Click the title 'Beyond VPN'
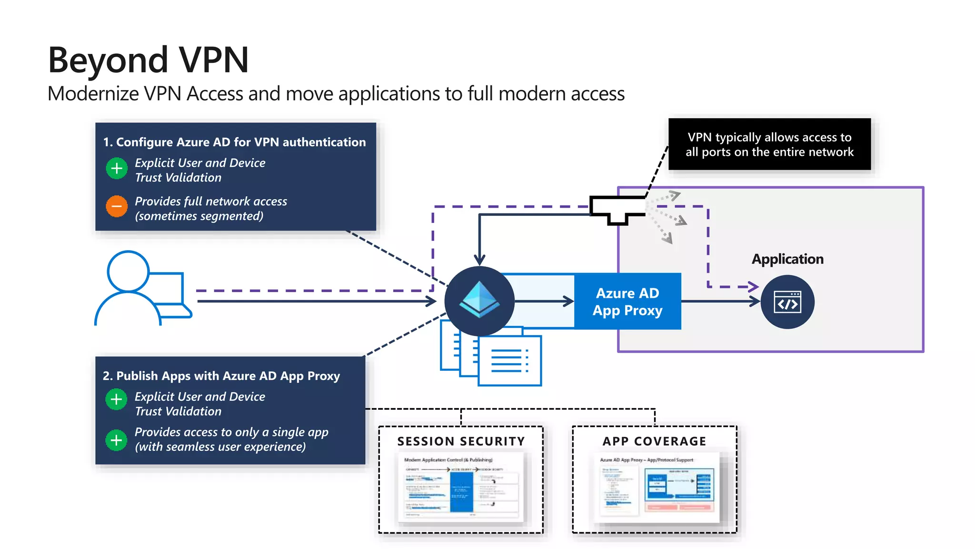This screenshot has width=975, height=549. click(148, 60)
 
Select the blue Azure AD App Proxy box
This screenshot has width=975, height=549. click(627, 301)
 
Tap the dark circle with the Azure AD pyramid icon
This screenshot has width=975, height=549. click(479, 301)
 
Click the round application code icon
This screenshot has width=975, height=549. click(787, 302)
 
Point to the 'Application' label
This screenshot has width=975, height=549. click(787, 259)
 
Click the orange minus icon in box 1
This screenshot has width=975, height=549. click(117, 206)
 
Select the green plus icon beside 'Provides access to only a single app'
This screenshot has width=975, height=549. click(117, 440)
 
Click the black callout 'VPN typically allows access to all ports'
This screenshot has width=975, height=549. click(769, 144)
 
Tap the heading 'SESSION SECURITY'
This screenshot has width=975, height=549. click(461, 441)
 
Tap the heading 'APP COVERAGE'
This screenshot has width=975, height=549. click(654, 441)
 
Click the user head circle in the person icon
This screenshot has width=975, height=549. click(128, 271)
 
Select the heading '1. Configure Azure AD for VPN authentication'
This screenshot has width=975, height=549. click(234, 142)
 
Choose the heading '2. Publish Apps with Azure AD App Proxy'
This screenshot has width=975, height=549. click(221, 376)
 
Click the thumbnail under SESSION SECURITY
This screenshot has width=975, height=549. click(461, 487)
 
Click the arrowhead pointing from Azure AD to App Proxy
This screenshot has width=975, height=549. click(568, 301)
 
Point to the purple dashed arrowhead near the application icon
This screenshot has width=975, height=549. click(753, 286)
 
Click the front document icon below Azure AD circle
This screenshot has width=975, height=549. click(509, 360)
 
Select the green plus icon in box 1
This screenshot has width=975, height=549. click(117, 168)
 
